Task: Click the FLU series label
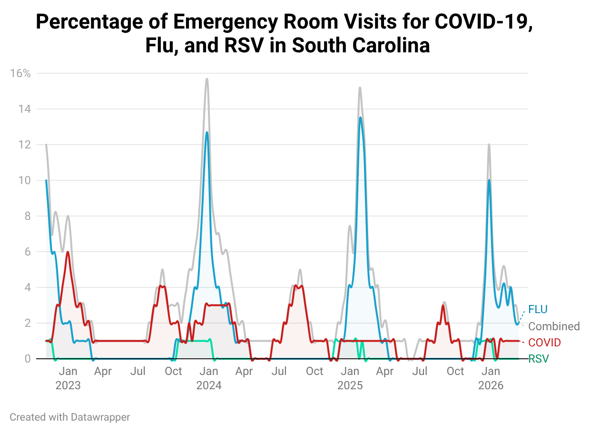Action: pos(538,309)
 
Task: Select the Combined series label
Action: pos(554,326)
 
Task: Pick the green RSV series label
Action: pos(538,359)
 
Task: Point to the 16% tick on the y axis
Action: pos(20,73)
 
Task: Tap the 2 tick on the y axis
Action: pos(28,323)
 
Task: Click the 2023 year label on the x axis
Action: pos(68,385)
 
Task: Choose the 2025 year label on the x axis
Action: pos(350,385)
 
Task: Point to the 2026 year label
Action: pos(491,385)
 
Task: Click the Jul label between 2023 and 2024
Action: pos(138,371)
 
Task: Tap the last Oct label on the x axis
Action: pos(455,371)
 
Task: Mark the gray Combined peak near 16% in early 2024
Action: pos(206,79)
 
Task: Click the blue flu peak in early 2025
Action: pos(360,118)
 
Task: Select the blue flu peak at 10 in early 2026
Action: pos(489,180)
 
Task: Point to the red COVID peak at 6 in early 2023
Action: pos(68,252)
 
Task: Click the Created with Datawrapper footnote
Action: pos(69,417)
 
